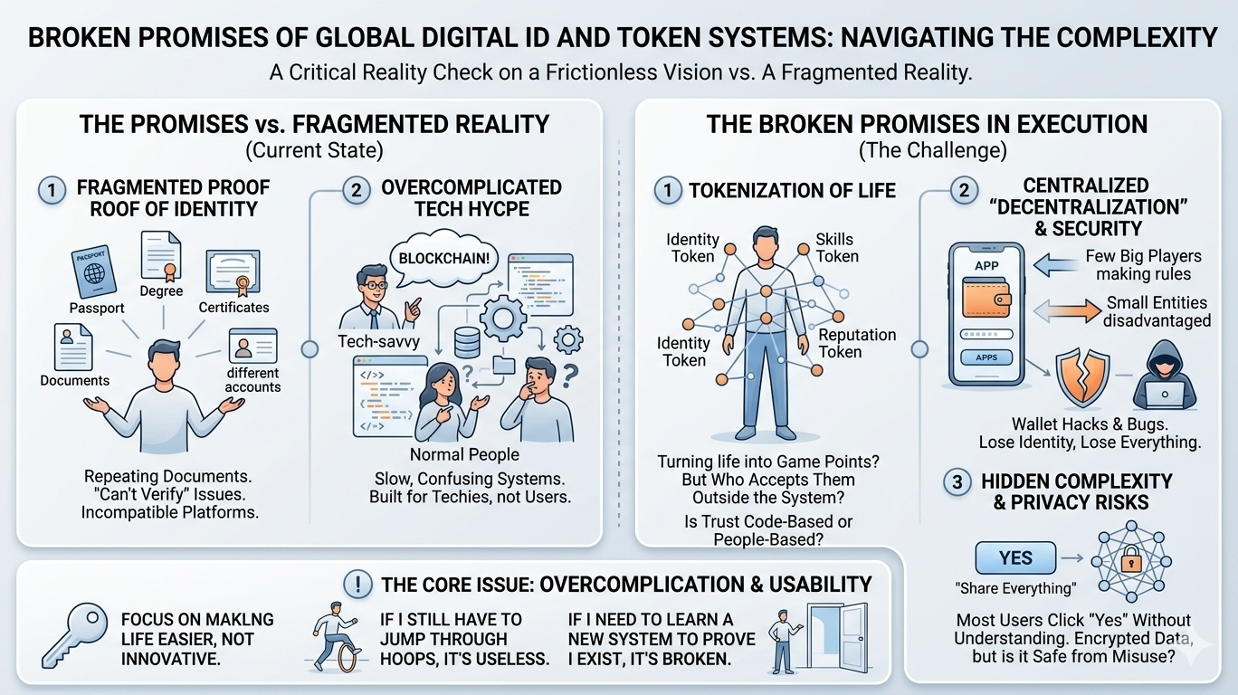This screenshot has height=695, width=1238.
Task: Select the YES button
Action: [1015, 557]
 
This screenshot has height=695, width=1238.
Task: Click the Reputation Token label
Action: [856, 343]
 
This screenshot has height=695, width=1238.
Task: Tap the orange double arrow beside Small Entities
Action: [1065, 311]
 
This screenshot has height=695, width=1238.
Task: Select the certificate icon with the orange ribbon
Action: [233, 272]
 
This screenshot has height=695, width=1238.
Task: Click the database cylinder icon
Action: [467, 342]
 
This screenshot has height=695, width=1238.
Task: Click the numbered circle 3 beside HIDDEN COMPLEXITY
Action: [957, 482]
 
